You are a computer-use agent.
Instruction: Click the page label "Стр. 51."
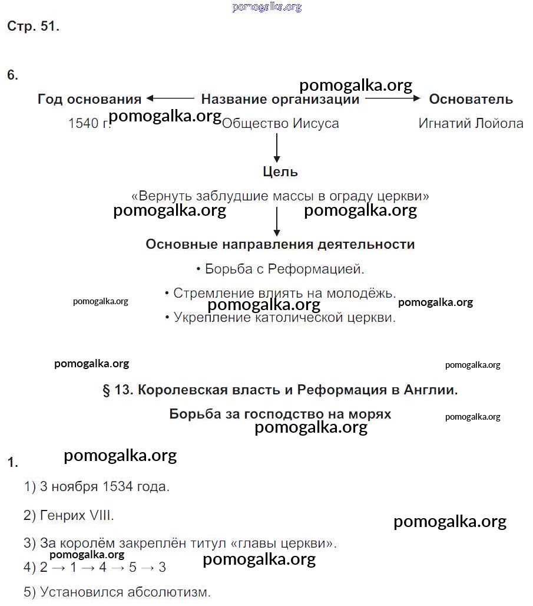(x=33, y=27)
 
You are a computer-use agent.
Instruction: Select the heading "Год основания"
(x=90, y=100)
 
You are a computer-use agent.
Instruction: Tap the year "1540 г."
(x=88, y=124)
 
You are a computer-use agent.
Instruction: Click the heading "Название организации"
(x=280, y=100)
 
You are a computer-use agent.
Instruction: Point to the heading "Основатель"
(x=471, y=100)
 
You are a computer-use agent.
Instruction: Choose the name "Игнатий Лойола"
(x=471, y=124)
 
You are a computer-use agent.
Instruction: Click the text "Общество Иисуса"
(x=280, y=124)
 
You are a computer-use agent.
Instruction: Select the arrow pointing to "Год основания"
(x=170, y=99)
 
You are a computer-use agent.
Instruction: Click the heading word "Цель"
(x=280, y=172)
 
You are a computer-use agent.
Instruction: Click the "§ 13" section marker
(x=118, y=390)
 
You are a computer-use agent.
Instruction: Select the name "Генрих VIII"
(x=77, y=515)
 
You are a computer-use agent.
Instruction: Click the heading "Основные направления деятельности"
(x=280, y=245)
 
